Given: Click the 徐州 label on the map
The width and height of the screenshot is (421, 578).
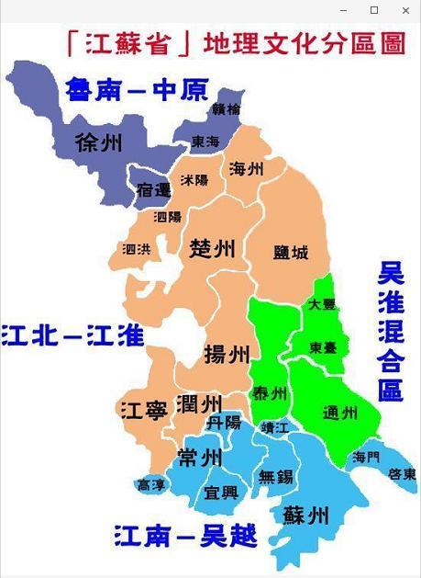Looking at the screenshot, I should tap(99, 143).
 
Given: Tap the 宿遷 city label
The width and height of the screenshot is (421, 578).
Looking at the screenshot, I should tap(152, 190).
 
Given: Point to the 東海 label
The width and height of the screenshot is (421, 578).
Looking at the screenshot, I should tap(205, 142).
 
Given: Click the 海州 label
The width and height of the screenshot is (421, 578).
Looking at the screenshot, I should tap(247, 169).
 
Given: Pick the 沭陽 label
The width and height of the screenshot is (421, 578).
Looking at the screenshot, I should tap(194, 180).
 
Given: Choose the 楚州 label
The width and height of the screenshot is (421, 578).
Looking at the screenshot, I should tap(213, 248).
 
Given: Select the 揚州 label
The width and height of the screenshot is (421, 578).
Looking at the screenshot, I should tap(226, 354).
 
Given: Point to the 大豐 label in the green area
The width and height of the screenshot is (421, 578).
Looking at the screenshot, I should tap(321, 303).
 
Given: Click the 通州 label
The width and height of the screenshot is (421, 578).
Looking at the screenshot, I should tap(340, 414).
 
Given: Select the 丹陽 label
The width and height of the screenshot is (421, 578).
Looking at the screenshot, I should tap(224, 423).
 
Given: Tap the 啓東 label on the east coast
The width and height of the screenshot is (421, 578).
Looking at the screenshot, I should tap(402, 474).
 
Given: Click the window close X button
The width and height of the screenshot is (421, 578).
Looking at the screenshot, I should tap(405, 10).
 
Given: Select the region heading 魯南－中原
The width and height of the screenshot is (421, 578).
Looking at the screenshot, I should tap(137, 90).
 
